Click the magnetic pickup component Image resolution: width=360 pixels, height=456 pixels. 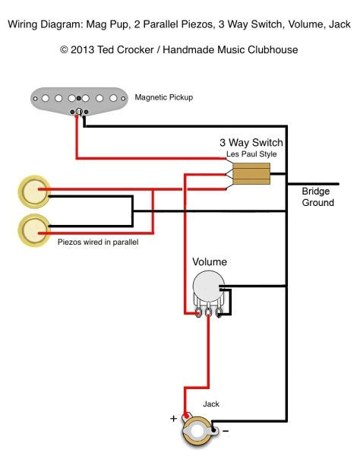(x=77, y=98)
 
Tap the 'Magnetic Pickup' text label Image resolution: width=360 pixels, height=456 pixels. (x=163, y=98)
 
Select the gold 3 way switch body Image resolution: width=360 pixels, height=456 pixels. (x=251, y=175)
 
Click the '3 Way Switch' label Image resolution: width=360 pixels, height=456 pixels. (x=251, y=143)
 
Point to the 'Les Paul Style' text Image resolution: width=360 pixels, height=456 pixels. (x=251, y=154)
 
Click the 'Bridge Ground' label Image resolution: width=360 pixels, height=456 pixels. (x=317, y=197)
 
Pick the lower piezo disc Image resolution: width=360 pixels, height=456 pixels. (x=33, y=230)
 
